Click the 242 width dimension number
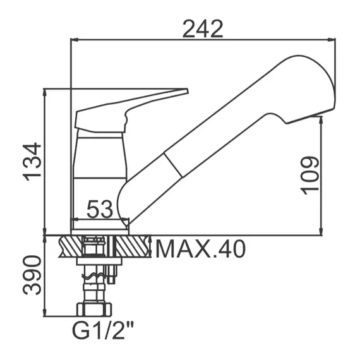(203, 29)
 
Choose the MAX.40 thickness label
(200, 249)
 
